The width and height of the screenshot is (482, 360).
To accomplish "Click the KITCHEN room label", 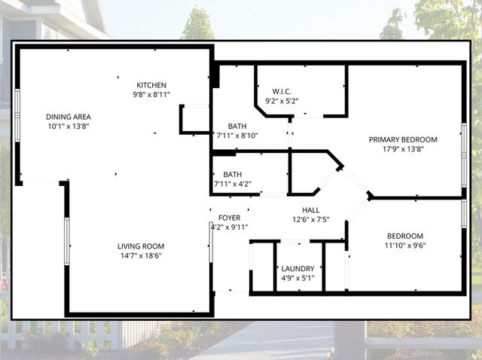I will [151, 85].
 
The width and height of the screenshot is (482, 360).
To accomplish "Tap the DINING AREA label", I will [69, 117].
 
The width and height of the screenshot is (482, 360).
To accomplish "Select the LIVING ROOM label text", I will [140, 246].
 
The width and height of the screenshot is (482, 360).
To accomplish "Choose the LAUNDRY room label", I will [298, 268].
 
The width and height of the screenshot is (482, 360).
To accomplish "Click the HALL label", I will [311, 210].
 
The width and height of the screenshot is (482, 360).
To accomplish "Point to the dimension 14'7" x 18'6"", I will [140, 256].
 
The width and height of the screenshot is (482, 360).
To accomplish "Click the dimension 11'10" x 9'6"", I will [404, 245].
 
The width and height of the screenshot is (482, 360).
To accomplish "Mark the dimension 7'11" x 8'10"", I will [237, 136].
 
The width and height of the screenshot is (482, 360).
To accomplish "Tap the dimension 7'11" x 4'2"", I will [237, 184].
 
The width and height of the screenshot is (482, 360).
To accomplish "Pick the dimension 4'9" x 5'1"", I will [298, 278].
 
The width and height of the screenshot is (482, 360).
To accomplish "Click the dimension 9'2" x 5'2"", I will [282, 99].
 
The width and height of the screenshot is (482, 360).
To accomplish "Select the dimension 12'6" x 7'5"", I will [311, 219].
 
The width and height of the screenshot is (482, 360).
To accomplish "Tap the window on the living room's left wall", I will [66, 241].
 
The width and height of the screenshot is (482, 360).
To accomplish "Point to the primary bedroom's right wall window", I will [464, 144].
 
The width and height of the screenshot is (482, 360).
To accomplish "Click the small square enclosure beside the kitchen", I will [194, 120].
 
